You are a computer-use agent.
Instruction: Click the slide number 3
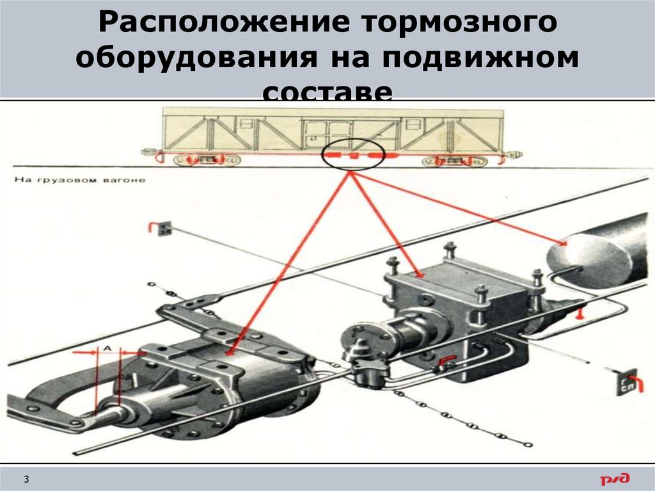click(x=28, y=479)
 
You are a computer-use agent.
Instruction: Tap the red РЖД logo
click(x=615, y=478)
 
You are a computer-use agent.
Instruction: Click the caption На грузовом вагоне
click(x=79, y=181)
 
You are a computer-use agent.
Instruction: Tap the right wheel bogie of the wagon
click(x=455, y=159)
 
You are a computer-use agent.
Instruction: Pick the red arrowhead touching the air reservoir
click(x=563, y=243)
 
